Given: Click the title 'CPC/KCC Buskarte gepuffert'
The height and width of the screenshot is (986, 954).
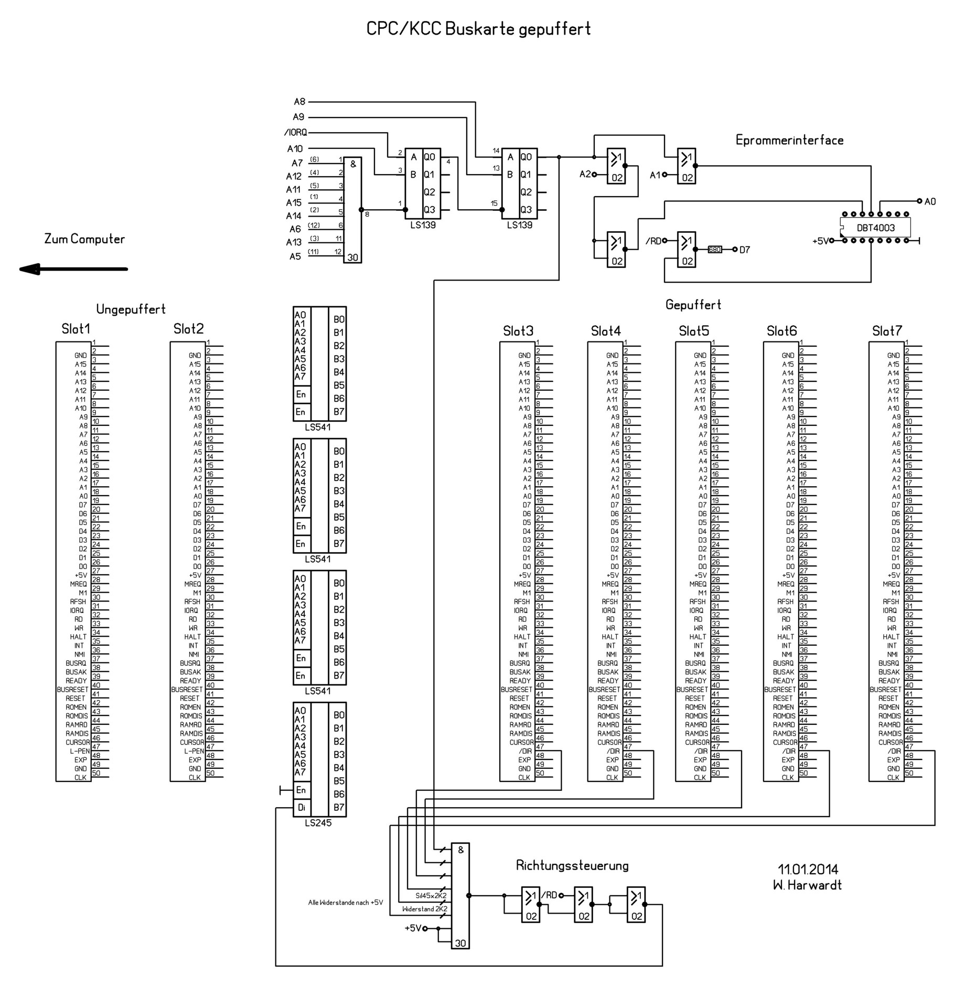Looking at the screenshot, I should coord(478,29).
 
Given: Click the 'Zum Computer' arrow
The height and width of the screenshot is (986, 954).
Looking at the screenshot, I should coord(73,269).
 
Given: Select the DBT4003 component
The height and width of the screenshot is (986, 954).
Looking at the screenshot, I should coord(875,228).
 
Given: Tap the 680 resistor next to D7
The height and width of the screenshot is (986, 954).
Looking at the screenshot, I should coord(714,250).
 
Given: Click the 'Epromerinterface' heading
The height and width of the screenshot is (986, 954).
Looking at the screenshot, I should coord(789,140).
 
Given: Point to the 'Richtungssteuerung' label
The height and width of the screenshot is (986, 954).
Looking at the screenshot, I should coord(572,865).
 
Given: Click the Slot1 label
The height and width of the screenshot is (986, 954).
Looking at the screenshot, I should coord(76,329).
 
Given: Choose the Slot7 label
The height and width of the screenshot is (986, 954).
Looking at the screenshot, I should coord(887,331).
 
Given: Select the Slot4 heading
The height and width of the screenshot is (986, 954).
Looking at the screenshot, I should coord(606,331).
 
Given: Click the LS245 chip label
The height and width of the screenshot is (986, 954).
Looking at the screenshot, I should coord(318,823).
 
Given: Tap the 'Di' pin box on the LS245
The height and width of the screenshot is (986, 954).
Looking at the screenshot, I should coord(302,808).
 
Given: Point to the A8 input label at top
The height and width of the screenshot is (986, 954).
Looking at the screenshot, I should coord(299,102).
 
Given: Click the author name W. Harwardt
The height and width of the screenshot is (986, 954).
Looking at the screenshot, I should coord(807,885).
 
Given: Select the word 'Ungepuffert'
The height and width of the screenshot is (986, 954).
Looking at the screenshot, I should coord(131,309).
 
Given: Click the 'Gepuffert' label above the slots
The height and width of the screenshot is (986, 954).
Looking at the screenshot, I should coord(693,305).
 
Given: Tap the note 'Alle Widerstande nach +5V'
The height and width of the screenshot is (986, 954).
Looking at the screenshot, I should coord(345,903).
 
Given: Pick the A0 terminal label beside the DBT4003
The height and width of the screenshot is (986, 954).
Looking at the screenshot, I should coord(930,201).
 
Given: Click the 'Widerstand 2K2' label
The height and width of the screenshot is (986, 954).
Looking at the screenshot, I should coord(425,909).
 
